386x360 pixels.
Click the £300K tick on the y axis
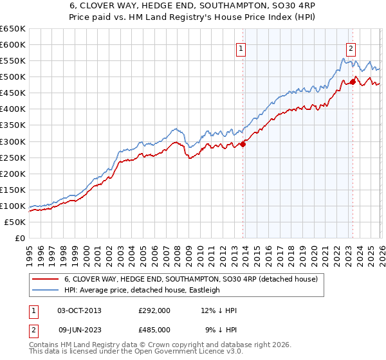12,141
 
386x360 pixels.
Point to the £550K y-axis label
12,61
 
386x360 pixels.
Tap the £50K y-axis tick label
15,222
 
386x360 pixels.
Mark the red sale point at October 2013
243,144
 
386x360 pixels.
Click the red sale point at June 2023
353,82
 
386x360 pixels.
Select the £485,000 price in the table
154,329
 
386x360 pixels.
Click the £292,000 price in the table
154,310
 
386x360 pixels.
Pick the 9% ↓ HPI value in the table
221,329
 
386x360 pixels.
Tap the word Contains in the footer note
45,345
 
